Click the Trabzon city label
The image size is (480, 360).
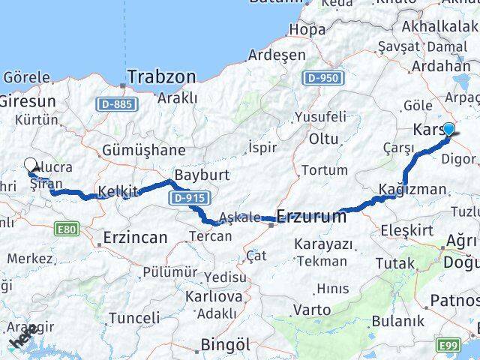point(161,76)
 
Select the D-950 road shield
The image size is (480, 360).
point(322,77)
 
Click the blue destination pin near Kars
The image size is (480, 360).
point(448,130)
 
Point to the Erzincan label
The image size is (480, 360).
point(135,238)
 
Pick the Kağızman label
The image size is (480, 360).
point(412,189)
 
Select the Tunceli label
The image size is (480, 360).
point(133,318)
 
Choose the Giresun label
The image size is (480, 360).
point(27,100)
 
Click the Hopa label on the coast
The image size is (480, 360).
point(307,30)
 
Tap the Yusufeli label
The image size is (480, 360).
point(320,117)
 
